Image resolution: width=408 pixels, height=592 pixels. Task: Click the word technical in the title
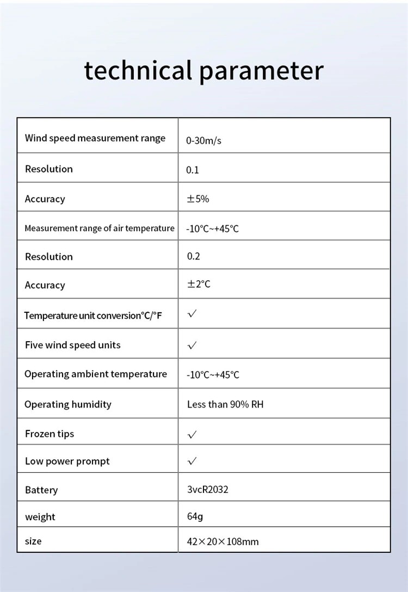pos(138,71)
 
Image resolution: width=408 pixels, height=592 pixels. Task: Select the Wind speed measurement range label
pos(95,138)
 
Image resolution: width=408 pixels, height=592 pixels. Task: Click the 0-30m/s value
pos(203,141)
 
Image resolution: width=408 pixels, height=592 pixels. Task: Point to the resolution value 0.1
pos(193,170)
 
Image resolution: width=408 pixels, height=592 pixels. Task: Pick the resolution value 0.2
pos(193,256)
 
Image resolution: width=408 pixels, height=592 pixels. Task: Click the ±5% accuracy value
pos(198,199)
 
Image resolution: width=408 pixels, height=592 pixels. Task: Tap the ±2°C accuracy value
pos(199,285)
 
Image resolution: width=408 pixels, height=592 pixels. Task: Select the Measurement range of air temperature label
pos(99,229)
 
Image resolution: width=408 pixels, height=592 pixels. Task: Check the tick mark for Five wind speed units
pos(192,346)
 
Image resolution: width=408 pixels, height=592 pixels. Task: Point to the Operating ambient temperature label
pos(96,374)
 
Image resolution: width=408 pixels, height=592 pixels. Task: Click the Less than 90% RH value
pos(225,404)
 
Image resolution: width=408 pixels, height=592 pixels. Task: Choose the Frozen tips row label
pos(50,434)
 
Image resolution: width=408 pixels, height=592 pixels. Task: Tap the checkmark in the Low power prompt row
pos(192,461)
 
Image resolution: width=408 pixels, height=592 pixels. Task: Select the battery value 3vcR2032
pos(208,489)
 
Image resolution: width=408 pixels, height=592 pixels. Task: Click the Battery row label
pos(41,490)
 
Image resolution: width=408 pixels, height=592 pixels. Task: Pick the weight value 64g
pos(195,516)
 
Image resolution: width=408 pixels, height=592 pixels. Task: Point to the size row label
pos(33,541)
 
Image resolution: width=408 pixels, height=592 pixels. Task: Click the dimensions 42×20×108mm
pos(222,541)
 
